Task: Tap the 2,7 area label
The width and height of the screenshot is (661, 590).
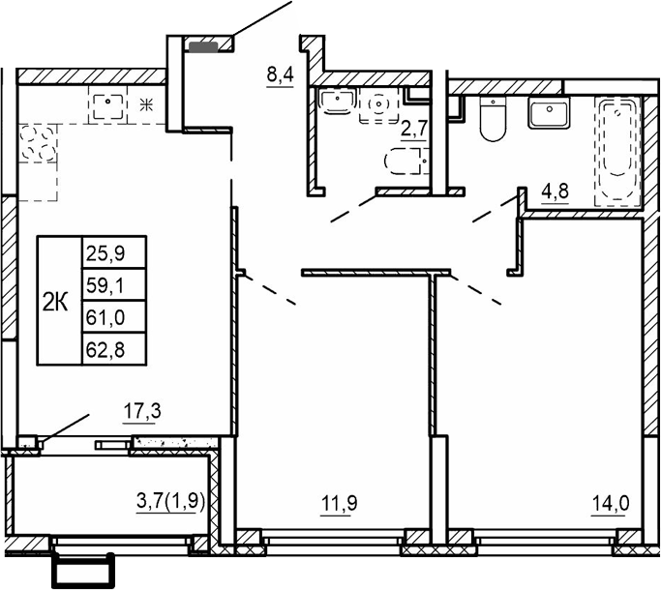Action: pyautogui.click(x=414, y=126)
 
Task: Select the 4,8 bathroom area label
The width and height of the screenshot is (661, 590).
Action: pyautogui.click(x=555, y=191)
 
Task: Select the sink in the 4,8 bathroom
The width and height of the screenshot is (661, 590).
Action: pyautogui.click(x=549, y=114)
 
